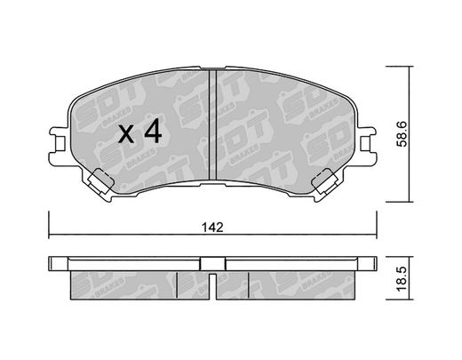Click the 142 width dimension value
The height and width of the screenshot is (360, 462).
212,228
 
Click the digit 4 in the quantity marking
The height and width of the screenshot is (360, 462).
153,131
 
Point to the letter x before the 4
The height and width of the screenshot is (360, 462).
126,134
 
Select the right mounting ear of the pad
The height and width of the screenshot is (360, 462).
367,143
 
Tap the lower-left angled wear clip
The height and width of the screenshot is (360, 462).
100,181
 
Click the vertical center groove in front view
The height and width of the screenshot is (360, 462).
213,124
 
